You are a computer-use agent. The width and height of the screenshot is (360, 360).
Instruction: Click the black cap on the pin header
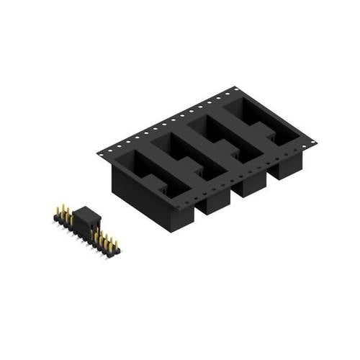click(85, 216)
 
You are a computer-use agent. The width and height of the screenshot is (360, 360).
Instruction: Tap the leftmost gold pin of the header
click(58, 212)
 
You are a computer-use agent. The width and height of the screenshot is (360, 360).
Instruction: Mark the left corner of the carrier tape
click(98, 153)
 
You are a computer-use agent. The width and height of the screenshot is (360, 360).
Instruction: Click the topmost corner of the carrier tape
click(235, 88)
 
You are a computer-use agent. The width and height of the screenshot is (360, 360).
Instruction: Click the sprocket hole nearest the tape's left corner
click(107, 151)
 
